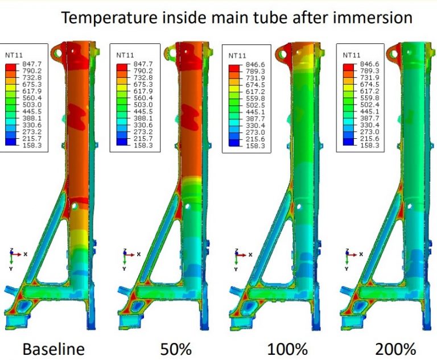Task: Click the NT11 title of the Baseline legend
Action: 14,56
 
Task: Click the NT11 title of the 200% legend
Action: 352,56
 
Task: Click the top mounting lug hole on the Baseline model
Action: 57,53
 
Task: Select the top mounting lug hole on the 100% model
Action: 283,53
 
